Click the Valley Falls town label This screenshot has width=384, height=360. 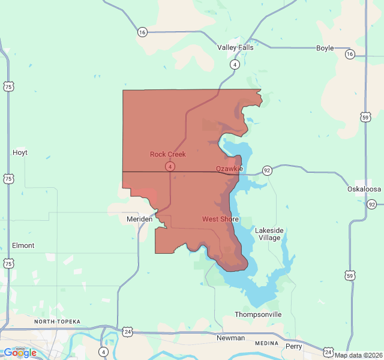point(235,47)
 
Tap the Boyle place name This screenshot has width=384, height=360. point(325,48)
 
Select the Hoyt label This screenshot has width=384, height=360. point(20,152)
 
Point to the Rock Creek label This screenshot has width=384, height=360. point(167,154)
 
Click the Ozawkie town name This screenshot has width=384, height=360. point(229,169)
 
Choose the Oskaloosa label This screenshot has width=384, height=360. point(364,189)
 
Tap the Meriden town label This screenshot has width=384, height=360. point(140,220)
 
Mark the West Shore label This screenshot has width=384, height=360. point(220,219)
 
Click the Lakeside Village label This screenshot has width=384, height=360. point(268,234)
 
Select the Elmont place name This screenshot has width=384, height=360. point(23,245)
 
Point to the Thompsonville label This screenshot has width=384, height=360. point(258,314)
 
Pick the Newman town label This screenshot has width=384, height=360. point(230,338)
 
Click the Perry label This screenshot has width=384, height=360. point(294,346)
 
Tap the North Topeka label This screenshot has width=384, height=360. point(57,322)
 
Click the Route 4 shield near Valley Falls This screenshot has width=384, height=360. point(235,64)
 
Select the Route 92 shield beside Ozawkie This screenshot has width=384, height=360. point(267,170)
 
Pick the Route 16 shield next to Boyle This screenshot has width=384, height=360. point(350,54)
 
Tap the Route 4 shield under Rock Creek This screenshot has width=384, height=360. point(171,166)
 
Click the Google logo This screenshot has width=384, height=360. point(20,353)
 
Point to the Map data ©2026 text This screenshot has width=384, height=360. point(358,355)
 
